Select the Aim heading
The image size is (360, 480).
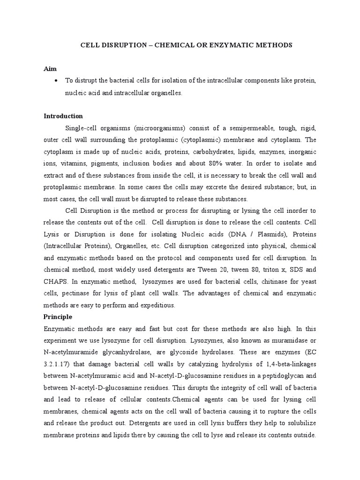pyautogui.click(x=50, y=69)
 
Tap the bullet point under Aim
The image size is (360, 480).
pyautogui.click(x=56, y=81)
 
